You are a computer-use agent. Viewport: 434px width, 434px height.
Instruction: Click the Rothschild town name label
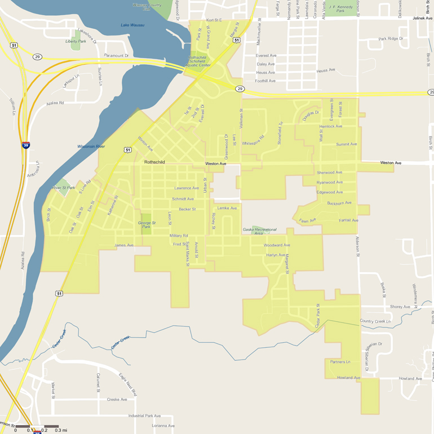click(x=154, y=162)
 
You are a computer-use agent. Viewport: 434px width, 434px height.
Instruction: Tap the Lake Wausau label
click(x=132, y=25)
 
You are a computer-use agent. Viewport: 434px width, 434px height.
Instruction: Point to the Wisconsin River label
click(x=91, y=147)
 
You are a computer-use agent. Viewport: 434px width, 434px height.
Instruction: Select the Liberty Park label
click(x=76, y=41)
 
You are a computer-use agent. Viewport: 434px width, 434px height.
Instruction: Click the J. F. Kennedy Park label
click(x=340, y=9)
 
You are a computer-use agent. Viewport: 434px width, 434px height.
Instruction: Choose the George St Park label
click(x=147, y=225)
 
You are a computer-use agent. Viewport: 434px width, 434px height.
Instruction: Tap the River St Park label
click(x=64, y=188)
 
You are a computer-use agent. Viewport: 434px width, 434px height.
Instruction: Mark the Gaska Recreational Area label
click(x=259, y=231)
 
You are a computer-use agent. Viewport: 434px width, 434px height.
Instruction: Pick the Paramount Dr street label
click(x=117, y=56)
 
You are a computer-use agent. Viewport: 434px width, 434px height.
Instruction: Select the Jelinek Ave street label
click(x=422, y=19)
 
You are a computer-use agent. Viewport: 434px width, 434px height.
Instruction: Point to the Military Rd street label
click(x=179, y=236)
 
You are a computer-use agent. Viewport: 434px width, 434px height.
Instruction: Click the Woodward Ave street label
click(x=277, y=245)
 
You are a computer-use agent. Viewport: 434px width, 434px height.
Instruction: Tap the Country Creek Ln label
click(x=375, y=321)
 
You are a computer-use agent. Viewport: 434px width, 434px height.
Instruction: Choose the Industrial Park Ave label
click(x=144, y=416)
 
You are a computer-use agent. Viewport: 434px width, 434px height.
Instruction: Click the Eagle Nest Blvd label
click(x=128, y=384)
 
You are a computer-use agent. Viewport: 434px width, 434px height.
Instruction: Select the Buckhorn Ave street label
click(x=339, y=203)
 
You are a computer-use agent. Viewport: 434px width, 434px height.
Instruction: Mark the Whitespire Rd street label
click(x=253, y=141)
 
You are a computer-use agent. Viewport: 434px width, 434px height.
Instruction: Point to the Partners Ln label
click(x=340, y=362)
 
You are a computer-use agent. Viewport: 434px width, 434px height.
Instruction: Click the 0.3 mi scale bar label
click(x=61, y=430)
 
